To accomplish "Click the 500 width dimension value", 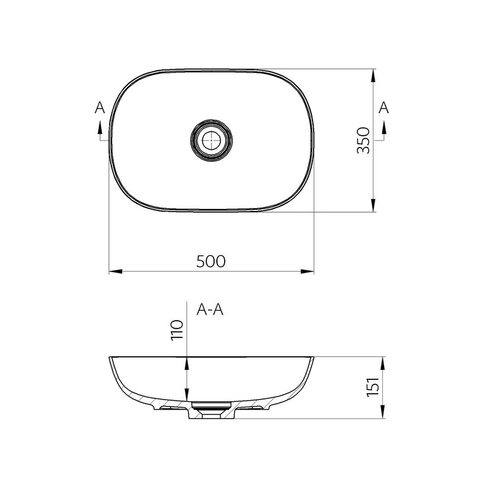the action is coord(211,261).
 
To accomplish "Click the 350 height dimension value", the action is coord(364,140).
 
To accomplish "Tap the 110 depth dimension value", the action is coord(177,330).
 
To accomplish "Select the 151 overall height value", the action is coord(373,386).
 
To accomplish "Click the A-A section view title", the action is coord(210,309).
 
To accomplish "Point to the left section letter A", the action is coord(100,108).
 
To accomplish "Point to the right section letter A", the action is coord(384,108).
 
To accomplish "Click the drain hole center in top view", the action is coord(212,140).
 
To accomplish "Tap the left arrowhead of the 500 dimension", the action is coord(116,271).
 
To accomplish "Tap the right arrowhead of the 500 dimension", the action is coord(307,271).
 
